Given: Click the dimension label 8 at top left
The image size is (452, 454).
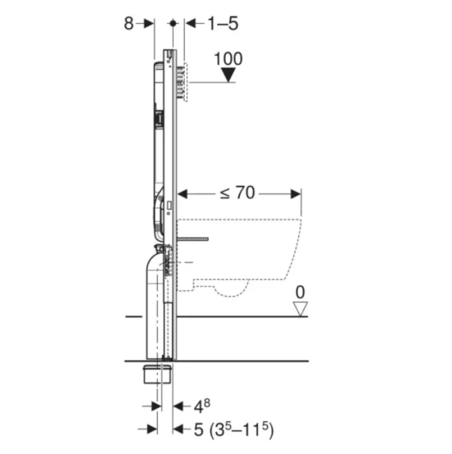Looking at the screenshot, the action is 129,24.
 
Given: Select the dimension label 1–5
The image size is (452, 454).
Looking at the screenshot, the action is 223,24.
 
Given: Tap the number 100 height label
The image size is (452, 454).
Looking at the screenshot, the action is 228,58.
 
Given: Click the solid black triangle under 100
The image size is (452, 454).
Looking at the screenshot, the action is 228,75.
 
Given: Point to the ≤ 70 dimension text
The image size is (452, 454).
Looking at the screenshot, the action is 238,192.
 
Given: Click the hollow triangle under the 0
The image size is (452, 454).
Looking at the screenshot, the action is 300,308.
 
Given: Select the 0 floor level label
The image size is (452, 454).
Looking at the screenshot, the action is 300,292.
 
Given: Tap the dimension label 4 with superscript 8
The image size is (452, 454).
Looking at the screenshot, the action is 201,406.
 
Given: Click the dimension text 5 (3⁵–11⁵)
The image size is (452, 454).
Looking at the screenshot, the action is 233,429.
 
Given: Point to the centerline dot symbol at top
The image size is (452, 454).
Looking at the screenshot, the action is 173,23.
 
